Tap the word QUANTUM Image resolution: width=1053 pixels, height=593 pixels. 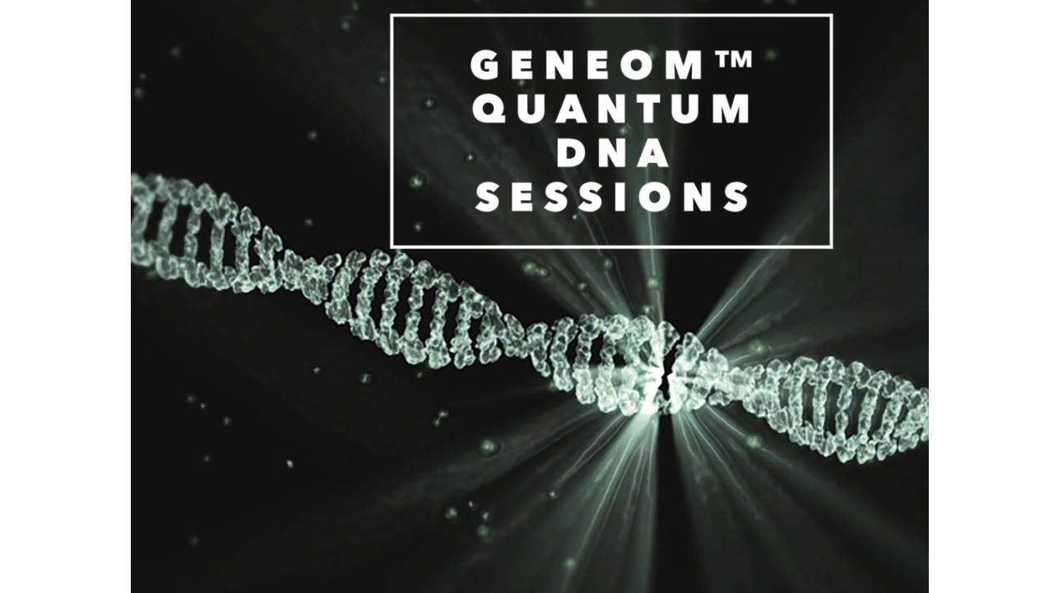tap(612, 110)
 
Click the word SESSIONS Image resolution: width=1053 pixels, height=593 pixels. tap(612, 198)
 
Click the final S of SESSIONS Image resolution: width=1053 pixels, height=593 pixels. tap(734, 198)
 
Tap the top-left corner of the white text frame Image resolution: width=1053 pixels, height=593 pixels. tap(392, 16)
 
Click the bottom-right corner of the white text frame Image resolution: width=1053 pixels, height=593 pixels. tap(831, 245)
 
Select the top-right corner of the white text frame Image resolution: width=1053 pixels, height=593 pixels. tap(831, 16)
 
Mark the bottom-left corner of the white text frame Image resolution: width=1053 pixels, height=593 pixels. tap(392, 245)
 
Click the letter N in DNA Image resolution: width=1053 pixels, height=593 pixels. tap(611, 154)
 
